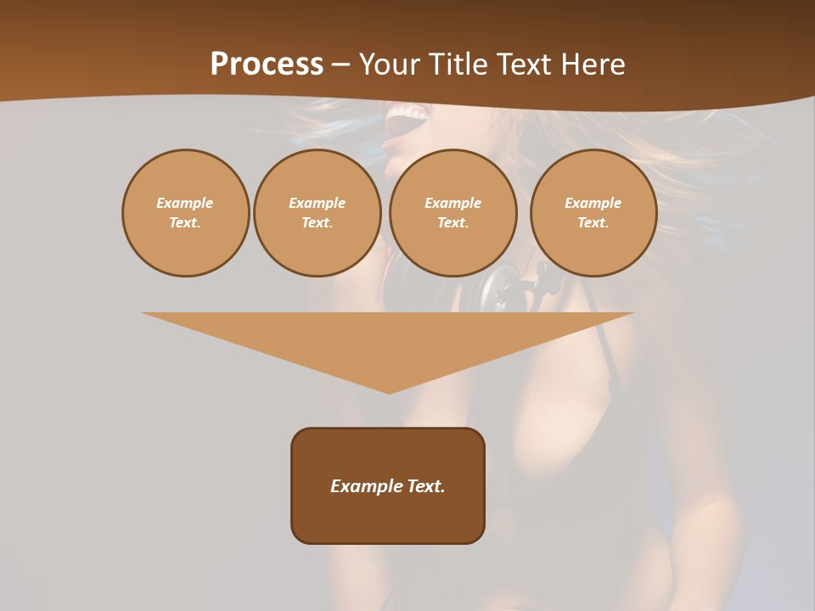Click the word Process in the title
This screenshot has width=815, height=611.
[x=267, y=64]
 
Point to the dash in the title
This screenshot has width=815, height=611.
[x=340, y=64]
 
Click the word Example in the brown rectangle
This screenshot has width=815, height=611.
[x=366, y=486]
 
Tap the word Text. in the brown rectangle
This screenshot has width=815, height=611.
[x=425, y=486]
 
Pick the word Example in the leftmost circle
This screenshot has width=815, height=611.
[x=185, y=203]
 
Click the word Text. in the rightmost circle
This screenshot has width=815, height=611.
[x=593, y=222]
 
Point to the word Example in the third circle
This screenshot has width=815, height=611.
[x=452, y=203]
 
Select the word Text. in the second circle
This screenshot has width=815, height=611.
[x=317, y=222]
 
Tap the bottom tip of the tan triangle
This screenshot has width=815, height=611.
[x=389, y=392]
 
